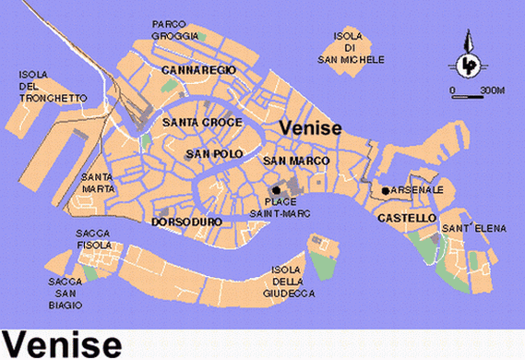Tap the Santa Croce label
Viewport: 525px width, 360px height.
pos(201,122)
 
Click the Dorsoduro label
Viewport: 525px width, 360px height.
pos(185,222)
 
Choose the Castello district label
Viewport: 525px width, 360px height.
pos(406,218)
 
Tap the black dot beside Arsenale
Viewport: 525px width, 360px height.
pos(385,190)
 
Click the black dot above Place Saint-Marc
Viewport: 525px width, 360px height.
pos(276,189)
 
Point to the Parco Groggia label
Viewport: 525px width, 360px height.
pos(175,30)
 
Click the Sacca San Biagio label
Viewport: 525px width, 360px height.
pos(68,292)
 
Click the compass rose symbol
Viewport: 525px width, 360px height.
pos(469,61)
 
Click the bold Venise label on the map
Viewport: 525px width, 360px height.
pos(311,129)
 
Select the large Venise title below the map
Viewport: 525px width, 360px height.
pos(61,343)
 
